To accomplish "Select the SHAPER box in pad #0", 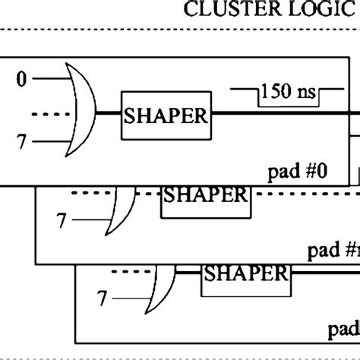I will (x=166, y=117).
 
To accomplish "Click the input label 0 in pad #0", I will (x=21, y=77).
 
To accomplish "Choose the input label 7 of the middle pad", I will (x=62, y=221).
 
